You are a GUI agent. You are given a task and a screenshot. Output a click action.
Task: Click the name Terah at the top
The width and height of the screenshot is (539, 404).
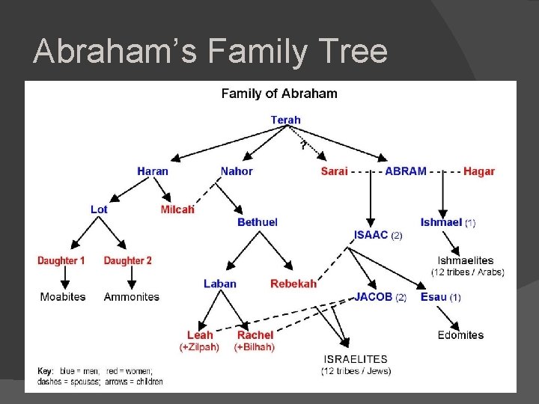[285, 120]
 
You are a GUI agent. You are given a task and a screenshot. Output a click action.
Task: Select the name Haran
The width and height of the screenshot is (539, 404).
[153, 171]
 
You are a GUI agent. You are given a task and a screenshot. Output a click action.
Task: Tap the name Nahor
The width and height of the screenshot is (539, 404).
[237, 171]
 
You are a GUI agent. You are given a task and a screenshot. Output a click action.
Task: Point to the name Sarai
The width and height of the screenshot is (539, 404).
[334, 171]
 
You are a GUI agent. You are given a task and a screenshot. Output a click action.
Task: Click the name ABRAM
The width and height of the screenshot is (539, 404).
[406, 171]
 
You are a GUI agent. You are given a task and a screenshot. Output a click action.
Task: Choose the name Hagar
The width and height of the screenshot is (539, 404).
[479, 171]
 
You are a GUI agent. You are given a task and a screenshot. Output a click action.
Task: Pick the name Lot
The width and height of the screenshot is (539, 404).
[99, 209]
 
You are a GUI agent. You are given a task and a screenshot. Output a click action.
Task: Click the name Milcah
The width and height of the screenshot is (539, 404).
[177, 209]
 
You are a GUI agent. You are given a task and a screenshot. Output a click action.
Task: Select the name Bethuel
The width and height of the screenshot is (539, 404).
[258, 222]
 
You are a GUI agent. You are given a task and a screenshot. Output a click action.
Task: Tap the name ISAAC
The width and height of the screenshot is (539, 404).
[371, 235]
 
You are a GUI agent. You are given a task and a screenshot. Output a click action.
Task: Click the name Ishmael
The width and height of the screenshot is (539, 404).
[441, 222]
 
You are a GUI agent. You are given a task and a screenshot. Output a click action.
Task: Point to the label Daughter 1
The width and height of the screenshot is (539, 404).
[61, 260]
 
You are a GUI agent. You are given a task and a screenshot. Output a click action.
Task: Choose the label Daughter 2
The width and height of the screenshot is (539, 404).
[127, 260]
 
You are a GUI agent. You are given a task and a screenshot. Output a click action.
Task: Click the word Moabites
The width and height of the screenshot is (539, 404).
[63, 297]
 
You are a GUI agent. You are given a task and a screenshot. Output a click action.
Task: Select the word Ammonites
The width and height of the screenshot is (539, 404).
[132, 297]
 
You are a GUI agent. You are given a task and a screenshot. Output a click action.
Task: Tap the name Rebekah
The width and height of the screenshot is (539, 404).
[293, 284]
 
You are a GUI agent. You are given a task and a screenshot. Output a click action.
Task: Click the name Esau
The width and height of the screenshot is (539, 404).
[433, 297]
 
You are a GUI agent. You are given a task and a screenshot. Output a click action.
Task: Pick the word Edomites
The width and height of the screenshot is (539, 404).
[460, 335]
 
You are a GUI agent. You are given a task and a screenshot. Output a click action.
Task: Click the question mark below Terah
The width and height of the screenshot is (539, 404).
[303, 144]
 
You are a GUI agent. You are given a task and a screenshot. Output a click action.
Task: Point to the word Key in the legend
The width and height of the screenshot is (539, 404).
[45, 371]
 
